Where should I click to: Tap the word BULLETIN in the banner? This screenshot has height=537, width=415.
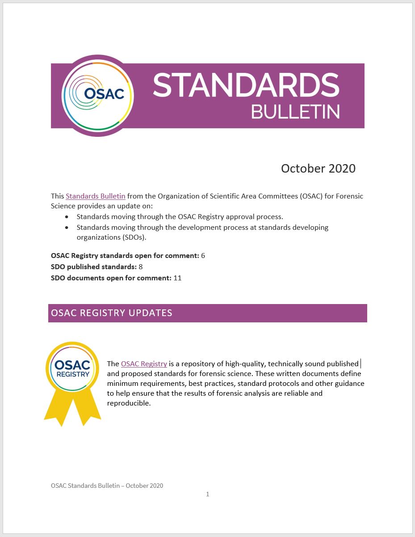coord(295,111)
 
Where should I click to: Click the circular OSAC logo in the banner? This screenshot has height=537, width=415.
coord(97,95)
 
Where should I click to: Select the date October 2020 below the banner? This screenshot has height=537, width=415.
coord(318,169)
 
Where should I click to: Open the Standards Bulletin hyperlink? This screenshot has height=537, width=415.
coord(95,196)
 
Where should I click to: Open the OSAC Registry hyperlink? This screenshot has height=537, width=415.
coord(144,364)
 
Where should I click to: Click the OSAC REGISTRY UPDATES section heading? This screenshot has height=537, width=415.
coord(112,313)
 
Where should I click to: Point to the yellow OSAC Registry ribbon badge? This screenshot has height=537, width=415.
coord(72,381)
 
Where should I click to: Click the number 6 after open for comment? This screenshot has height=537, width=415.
coord(203,256)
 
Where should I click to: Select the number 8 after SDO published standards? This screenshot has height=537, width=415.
coord(141,267)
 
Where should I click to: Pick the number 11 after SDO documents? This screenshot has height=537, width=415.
coord(177,278)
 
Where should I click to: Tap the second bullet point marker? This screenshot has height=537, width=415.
coord(67,228)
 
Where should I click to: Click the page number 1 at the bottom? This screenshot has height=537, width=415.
coord(207,494)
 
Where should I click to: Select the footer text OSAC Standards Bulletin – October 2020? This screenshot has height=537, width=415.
coord(107,486)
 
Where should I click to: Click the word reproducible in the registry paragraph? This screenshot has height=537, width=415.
coord(128,403)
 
